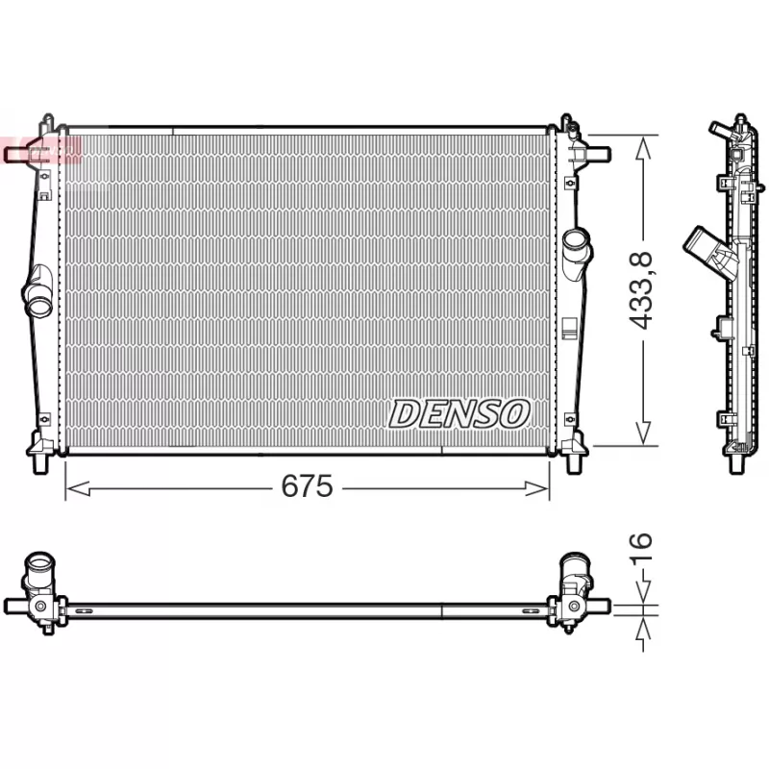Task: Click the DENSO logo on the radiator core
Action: coord(459,413)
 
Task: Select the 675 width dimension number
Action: coord(307,487)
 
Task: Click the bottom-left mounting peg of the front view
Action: coord(40,465)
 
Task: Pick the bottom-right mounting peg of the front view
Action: coord(575,465)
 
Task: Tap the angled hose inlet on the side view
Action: coord(701,244)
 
